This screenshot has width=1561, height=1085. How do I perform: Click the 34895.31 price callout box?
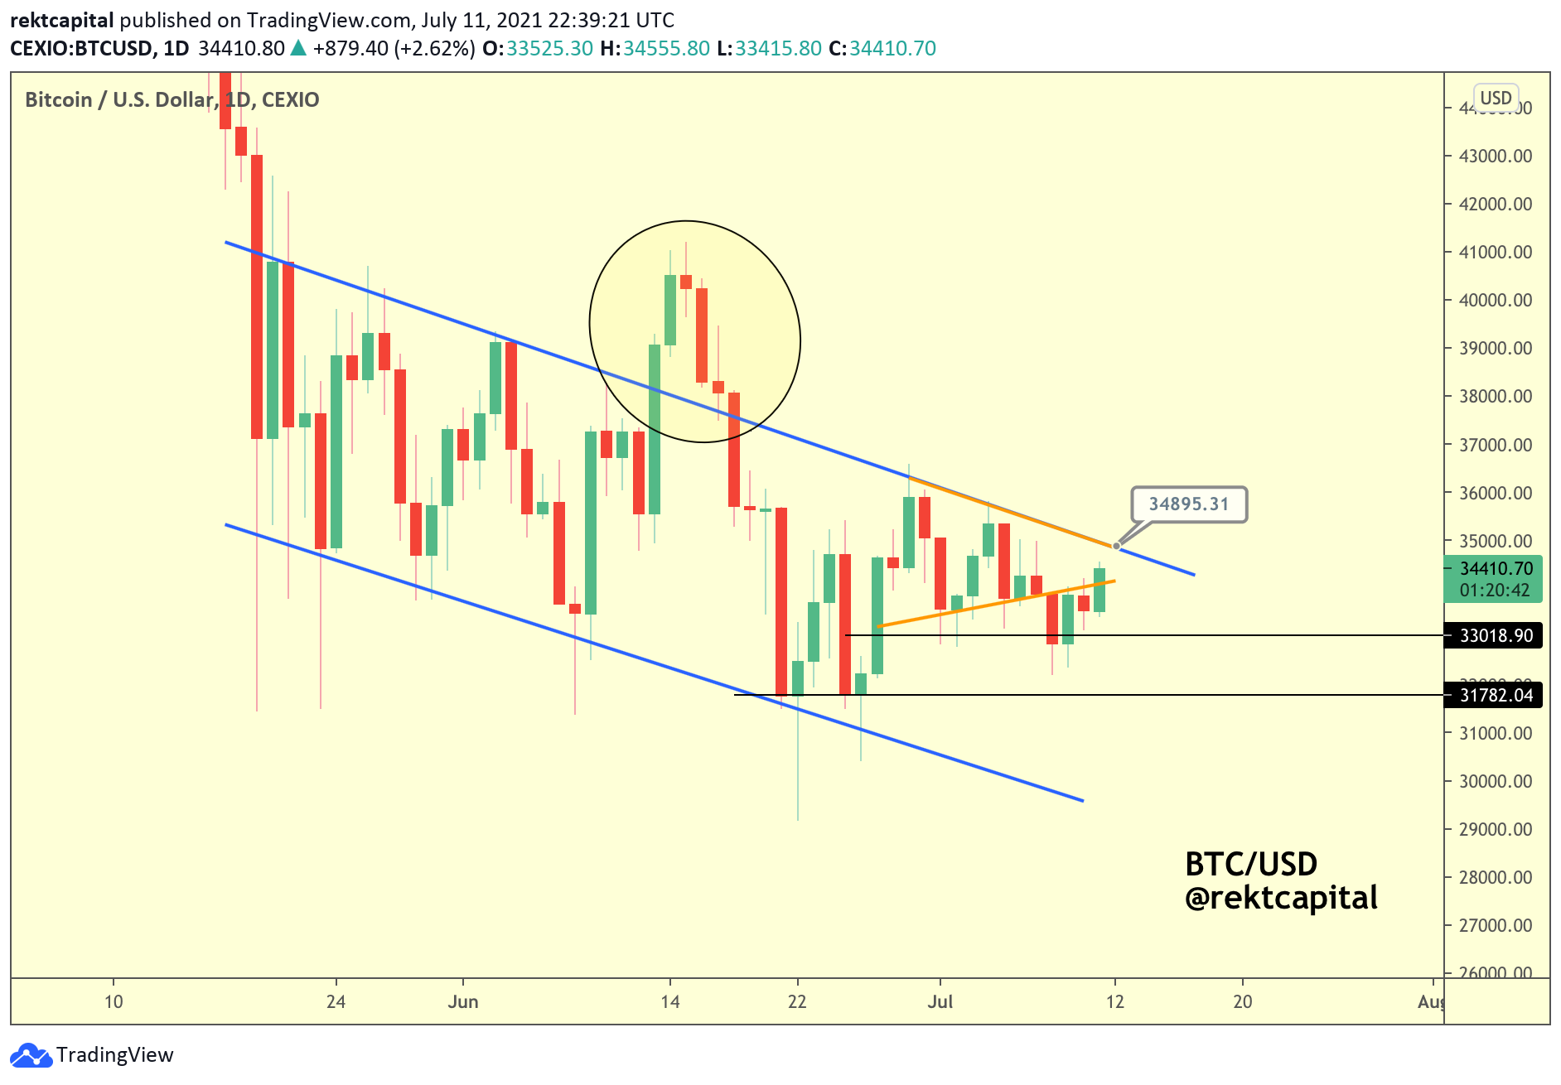pos(1188,504)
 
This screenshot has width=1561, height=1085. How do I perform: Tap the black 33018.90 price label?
pos(1495,635)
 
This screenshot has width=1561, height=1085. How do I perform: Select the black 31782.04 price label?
pos(1495,695)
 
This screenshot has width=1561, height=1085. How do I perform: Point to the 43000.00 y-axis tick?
pos(1495,156)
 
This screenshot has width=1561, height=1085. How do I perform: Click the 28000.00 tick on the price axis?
pos(1495,877)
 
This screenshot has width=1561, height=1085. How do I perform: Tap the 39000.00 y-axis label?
pos(1495,348)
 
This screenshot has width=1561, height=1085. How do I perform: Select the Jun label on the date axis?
pos(463,1001)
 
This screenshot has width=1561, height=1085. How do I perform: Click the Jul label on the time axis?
pos(940,1001)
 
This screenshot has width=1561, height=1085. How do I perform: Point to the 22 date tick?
pos(797,1001)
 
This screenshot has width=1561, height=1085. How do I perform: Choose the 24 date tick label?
pos(336,1001)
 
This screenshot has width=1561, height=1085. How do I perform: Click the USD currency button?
pos(1496,98)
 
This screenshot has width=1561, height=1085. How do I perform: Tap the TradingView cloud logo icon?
pos(31,1055)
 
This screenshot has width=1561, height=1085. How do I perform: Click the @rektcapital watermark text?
pos(1281,898)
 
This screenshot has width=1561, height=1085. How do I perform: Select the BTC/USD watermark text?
pos(1251,864)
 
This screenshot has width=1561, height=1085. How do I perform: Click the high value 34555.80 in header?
pos(666,48)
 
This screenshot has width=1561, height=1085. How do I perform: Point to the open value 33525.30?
pos(549,48)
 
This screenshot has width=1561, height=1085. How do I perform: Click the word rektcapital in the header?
pos(61,20)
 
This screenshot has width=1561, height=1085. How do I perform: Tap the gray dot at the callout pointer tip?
pos(1117,546)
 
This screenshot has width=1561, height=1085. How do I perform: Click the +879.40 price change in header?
pos(350,48)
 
